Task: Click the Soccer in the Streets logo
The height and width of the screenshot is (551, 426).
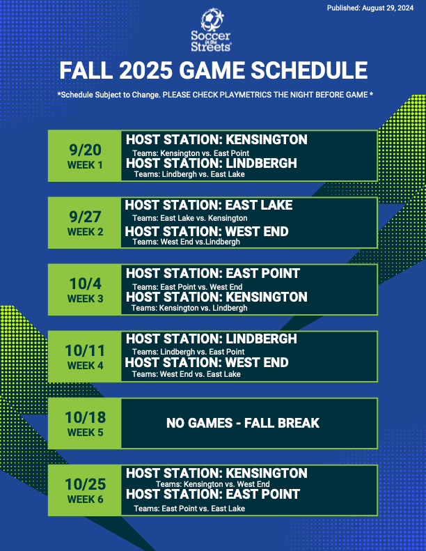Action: coord(211,30)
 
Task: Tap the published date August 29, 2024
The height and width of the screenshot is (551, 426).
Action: coord(388,8)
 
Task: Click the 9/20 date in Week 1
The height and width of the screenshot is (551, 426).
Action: coord(86,150)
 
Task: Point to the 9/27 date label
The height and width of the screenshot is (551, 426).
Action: coord(86,217)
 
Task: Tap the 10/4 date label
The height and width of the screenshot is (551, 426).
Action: coord(86,284)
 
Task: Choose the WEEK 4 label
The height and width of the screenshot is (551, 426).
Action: coord(86,366)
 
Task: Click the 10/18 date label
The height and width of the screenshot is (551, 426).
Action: coord(86,417)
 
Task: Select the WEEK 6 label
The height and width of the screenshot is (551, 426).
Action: coord(86,499)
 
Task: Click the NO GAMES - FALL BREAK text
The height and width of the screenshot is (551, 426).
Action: coord(243,423)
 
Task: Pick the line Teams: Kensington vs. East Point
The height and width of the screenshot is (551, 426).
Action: coord(191,153)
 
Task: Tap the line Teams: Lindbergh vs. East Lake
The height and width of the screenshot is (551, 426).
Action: coord(189,174)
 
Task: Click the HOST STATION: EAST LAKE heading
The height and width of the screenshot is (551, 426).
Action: coord(209,205)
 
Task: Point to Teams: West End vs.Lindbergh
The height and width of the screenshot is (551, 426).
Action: coord(186,242)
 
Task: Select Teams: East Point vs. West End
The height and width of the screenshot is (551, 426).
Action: coord(187,287)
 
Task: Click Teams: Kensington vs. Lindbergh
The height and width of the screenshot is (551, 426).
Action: coord(189,308)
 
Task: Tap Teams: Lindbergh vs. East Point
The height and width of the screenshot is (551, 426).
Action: coord(188,352)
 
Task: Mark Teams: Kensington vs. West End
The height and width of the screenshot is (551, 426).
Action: coord(213,484)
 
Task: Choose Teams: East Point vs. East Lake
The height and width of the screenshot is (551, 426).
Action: coord(189,509)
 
